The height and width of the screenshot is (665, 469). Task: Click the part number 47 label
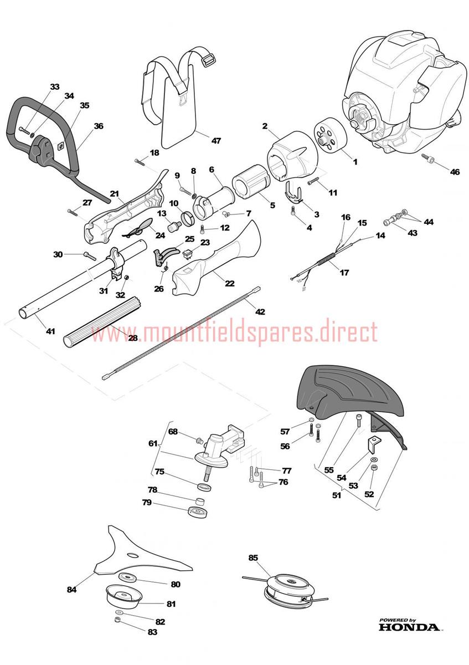pos(216,140)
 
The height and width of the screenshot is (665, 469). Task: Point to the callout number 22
pos(230,283)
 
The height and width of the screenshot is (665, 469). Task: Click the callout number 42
pos(260,311)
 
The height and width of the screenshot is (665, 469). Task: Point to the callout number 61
pos(153,443)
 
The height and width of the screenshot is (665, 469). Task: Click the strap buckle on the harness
pos(209,62)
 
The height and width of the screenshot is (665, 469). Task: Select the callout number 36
pos(99,126)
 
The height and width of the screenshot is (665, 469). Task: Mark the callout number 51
pos(337,495)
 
